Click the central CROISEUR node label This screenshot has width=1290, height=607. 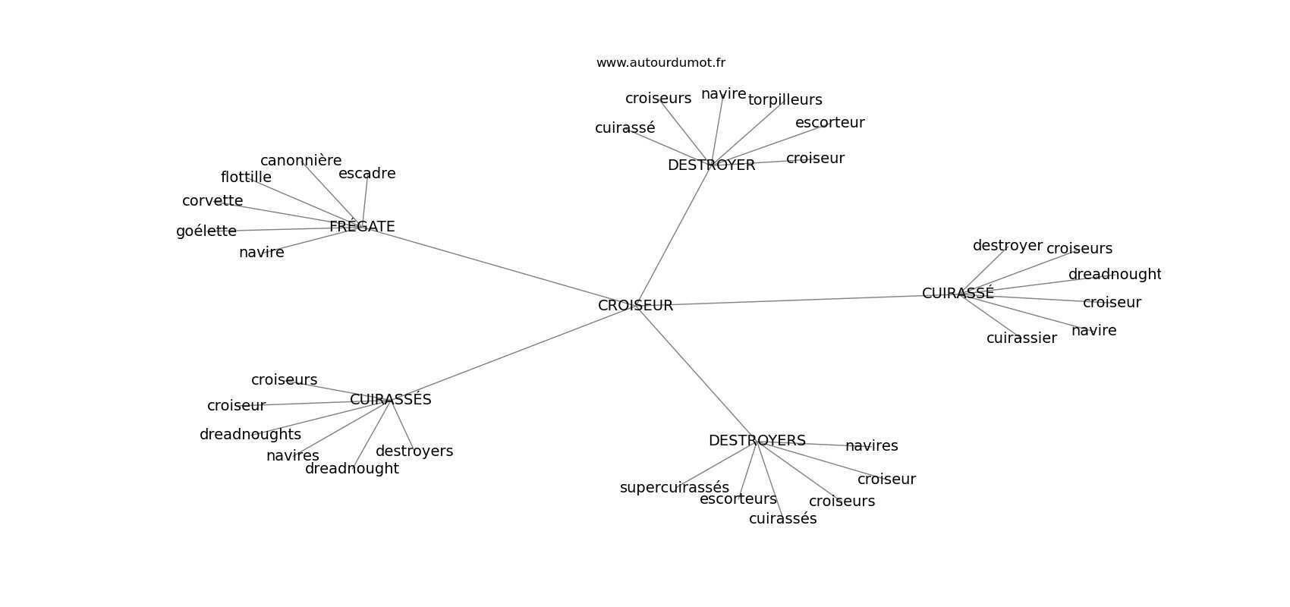click(x=635, y=306)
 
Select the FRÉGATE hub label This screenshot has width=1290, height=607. click(x=362, y=227)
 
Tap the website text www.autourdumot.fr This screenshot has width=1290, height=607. click(x=660, y=63)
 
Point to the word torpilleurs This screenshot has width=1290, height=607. click(x=785, y=100)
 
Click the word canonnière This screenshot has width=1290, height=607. click(x=300, y=161)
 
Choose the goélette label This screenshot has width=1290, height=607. click(x=206, y=231)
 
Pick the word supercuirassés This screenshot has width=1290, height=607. click(x=674, y=488)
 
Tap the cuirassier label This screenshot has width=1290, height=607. click(x=1021, y=338)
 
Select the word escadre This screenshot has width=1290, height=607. click(x=367, y=174)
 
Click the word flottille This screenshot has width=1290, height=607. click(x=246, y=178)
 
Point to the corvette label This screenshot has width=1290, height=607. click(x=212, y=201)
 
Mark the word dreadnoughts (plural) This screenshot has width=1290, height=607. click(x=250, y=435)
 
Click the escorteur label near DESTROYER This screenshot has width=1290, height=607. click(x=829, y=123)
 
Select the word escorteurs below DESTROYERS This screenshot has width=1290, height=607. click(x=738, y=499)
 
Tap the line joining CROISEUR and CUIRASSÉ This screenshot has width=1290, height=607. click(x=797, y=300)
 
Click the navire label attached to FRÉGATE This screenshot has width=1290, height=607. click(x=262, y=253)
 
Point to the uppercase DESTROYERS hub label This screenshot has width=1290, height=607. click(x=757, y=441)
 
